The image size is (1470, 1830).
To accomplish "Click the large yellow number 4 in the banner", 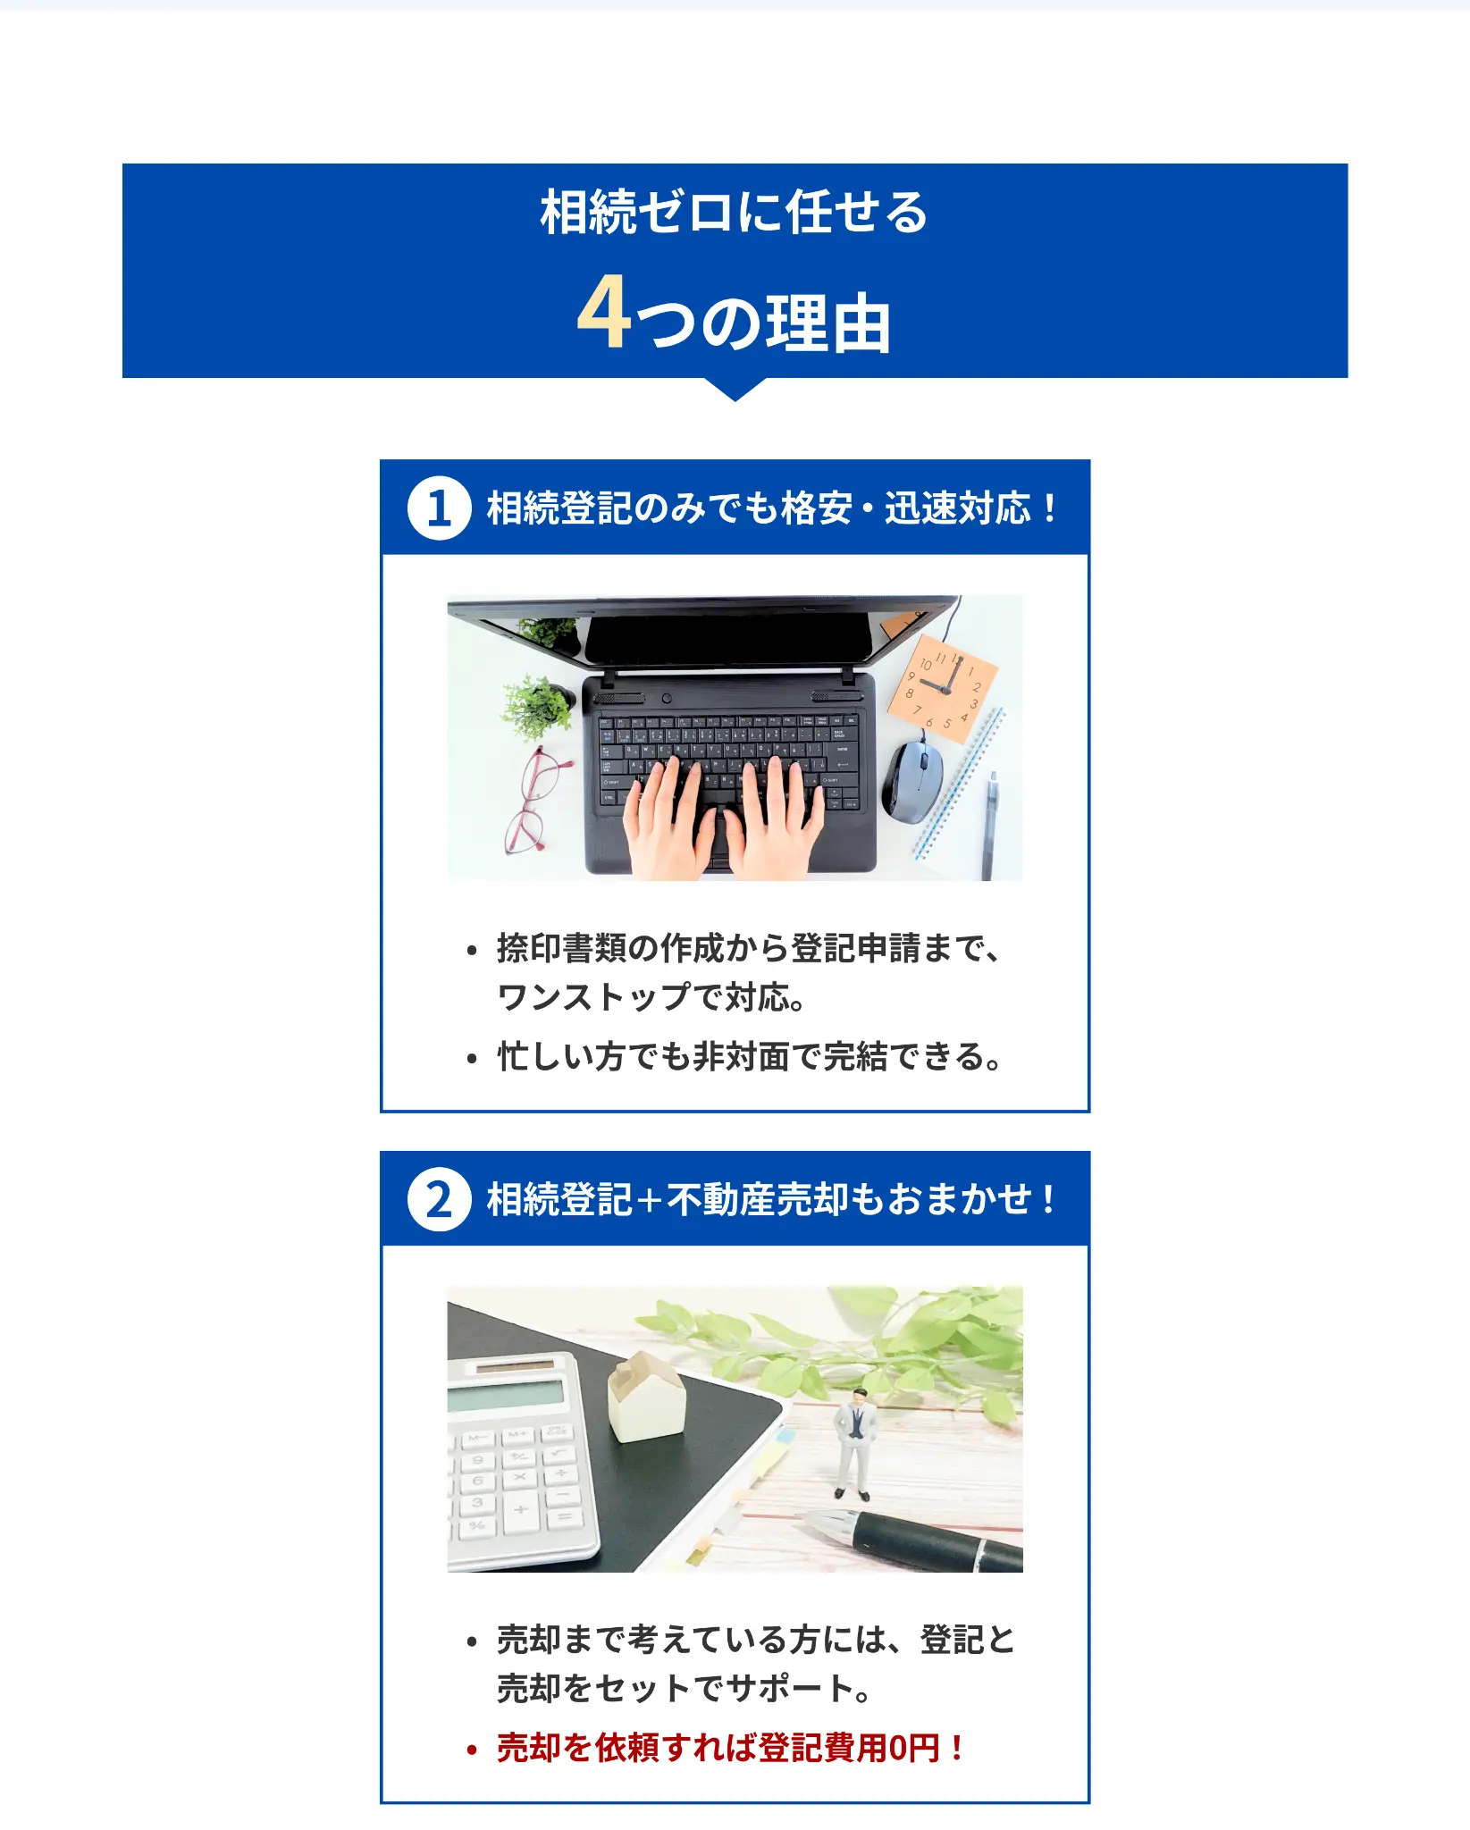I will click(603, 314).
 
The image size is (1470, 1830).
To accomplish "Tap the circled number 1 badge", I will click(439, 508).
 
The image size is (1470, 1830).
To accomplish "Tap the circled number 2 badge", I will click(439, 1199).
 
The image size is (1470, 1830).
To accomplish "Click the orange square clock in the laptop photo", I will click(942, 689).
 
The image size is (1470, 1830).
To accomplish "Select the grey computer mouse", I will click(912, 779).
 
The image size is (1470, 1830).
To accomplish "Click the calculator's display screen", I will click(505, 1394).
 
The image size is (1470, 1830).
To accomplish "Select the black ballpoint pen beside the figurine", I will click(920, 1538).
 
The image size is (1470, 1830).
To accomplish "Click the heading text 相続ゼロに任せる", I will click(735, 213).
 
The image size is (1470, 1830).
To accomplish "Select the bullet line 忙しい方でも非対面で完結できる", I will click(749, 1057).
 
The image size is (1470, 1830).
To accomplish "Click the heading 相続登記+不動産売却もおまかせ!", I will click(770, 1199).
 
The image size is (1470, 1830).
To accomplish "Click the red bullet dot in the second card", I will click(472, 1750).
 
